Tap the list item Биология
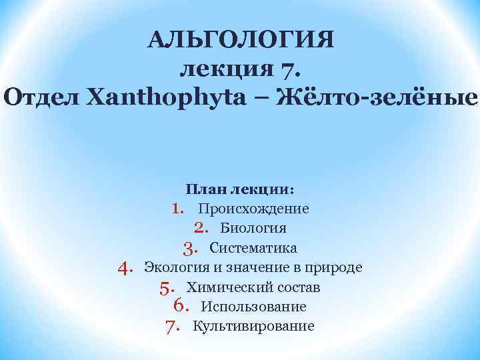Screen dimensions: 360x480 [x=253, y=228]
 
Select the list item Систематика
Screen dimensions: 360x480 [x=253, y=248]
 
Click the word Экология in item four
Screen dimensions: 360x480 [x=173, y=268]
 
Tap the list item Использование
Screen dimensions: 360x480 [x=253, y=307]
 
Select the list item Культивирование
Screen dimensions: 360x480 [x=253, y=326]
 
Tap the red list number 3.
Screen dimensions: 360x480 [x=189, y=248]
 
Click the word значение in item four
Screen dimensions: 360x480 [x=259, y=268]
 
